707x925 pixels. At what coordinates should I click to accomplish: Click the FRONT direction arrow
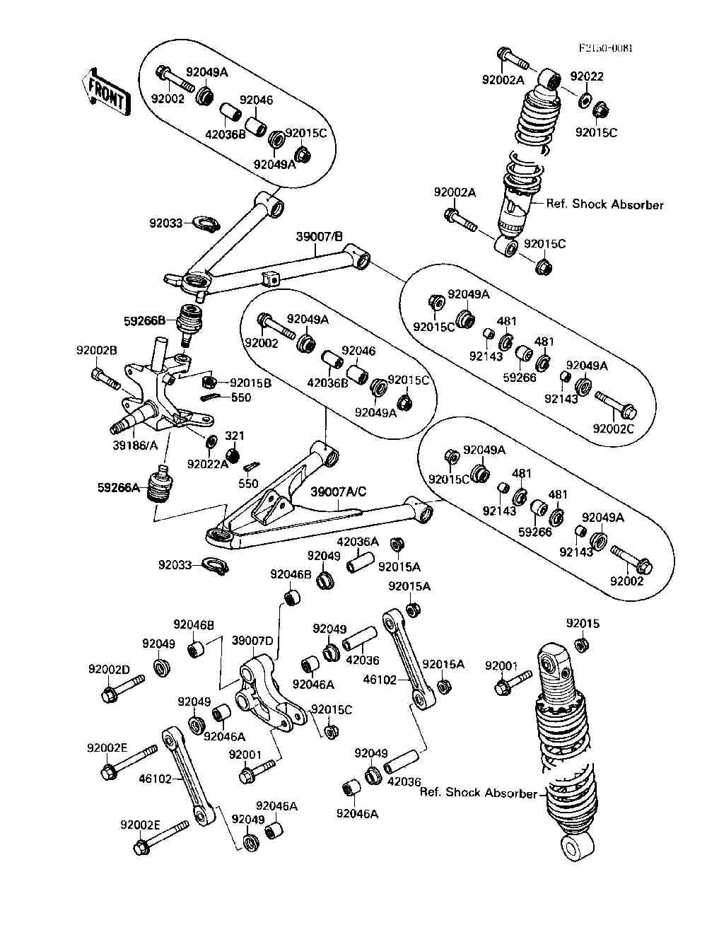107,91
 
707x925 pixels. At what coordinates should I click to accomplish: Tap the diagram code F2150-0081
605,49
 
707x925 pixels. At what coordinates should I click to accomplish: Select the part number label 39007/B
319,238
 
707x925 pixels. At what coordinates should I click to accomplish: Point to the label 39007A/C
339,491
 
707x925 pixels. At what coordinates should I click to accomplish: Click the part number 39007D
252,641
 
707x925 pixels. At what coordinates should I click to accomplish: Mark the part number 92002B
97,350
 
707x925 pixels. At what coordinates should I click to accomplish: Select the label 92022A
208,464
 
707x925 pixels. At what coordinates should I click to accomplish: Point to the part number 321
234,436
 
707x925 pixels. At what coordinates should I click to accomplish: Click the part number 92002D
109,669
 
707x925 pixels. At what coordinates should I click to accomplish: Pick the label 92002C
614,429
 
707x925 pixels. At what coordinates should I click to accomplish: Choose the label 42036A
358,542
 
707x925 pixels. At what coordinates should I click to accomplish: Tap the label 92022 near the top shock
587,76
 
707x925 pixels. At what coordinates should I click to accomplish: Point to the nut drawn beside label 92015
581,644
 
